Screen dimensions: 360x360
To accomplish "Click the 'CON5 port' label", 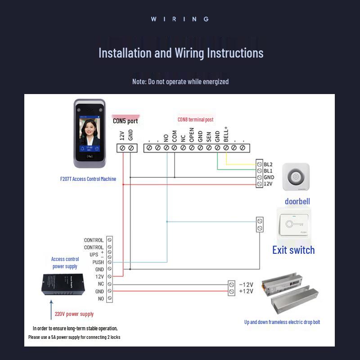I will (x=125, y=121).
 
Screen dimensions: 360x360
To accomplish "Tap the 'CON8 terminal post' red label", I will (x=195, y=120).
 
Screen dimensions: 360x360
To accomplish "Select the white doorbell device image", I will (x=296, y=177).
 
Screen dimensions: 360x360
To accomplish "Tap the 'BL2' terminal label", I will (x=268, y=164).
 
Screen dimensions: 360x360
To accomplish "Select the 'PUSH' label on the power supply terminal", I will (x=98, y=262).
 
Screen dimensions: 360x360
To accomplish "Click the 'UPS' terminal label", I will (x=94, y=255).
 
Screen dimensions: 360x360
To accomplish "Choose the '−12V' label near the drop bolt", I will (x=246, y=284).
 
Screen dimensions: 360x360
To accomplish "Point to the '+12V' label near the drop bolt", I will (x=246, y=291).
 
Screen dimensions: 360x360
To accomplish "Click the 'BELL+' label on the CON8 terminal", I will (x=226, y=134).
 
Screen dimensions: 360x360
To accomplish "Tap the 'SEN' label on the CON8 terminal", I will (x=209, y=137).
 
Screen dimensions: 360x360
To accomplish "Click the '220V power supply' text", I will (x=74, y=314).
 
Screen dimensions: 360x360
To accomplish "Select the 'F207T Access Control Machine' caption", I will (x=88, y=179).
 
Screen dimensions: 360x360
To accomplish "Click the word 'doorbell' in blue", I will (x=297, y=201).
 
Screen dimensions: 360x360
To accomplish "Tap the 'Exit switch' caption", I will (x=293, y=250).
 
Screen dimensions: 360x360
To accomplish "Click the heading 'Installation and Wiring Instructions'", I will (x=181, y=53).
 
